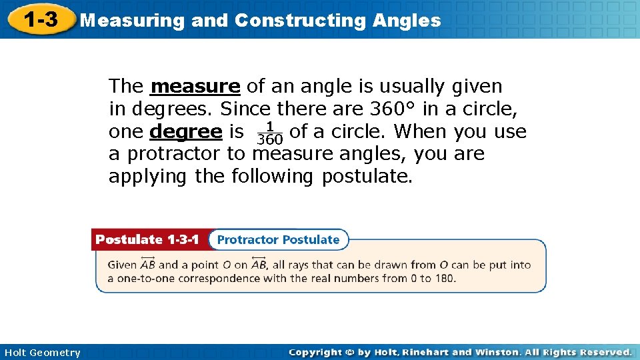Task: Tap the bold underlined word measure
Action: pos(195,87)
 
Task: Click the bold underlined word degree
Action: pos(185,132)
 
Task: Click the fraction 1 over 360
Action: pos(270,133)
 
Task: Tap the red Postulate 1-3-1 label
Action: pos(147,239)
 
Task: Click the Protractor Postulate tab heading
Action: pos(278,239)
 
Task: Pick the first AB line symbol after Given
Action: pos(148,264)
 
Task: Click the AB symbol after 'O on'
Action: pos(259,264)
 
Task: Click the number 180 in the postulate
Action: pos(445,278)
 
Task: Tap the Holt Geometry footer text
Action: pos(42,353)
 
